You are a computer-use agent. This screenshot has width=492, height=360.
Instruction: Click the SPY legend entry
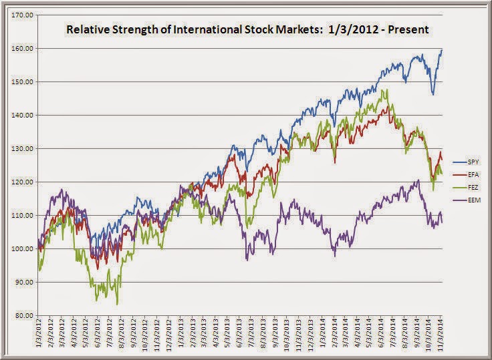467,162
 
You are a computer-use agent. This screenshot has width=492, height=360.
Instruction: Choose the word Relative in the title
84,31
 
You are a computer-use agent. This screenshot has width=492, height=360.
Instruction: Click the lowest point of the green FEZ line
118,304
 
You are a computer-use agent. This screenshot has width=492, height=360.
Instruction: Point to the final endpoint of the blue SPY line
442,50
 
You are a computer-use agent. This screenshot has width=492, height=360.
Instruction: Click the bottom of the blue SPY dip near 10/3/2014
433,94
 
